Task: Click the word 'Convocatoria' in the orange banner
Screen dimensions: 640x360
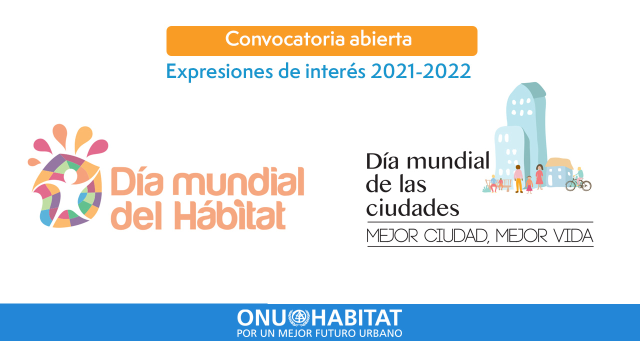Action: (x=285, y=39)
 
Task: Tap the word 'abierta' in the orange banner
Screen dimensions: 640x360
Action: (x=380, y=39)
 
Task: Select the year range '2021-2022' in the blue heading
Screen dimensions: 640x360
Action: (x=420, y=71)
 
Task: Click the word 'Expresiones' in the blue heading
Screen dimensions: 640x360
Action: (x=219, y=72)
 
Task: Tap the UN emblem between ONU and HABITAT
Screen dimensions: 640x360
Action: (x=299, y=317)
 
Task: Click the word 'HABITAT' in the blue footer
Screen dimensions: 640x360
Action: (x=356, y=317)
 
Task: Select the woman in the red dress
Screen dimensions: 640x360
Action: (x=539, y=176)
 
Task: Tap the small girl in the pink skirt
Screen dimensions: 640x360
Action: (x=529, y=184)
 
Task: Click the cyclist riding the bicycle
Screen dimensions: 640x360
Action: (x=579, y=175)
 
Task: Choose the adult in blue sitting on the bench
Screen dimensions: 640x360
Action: (x=493, y=183)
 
